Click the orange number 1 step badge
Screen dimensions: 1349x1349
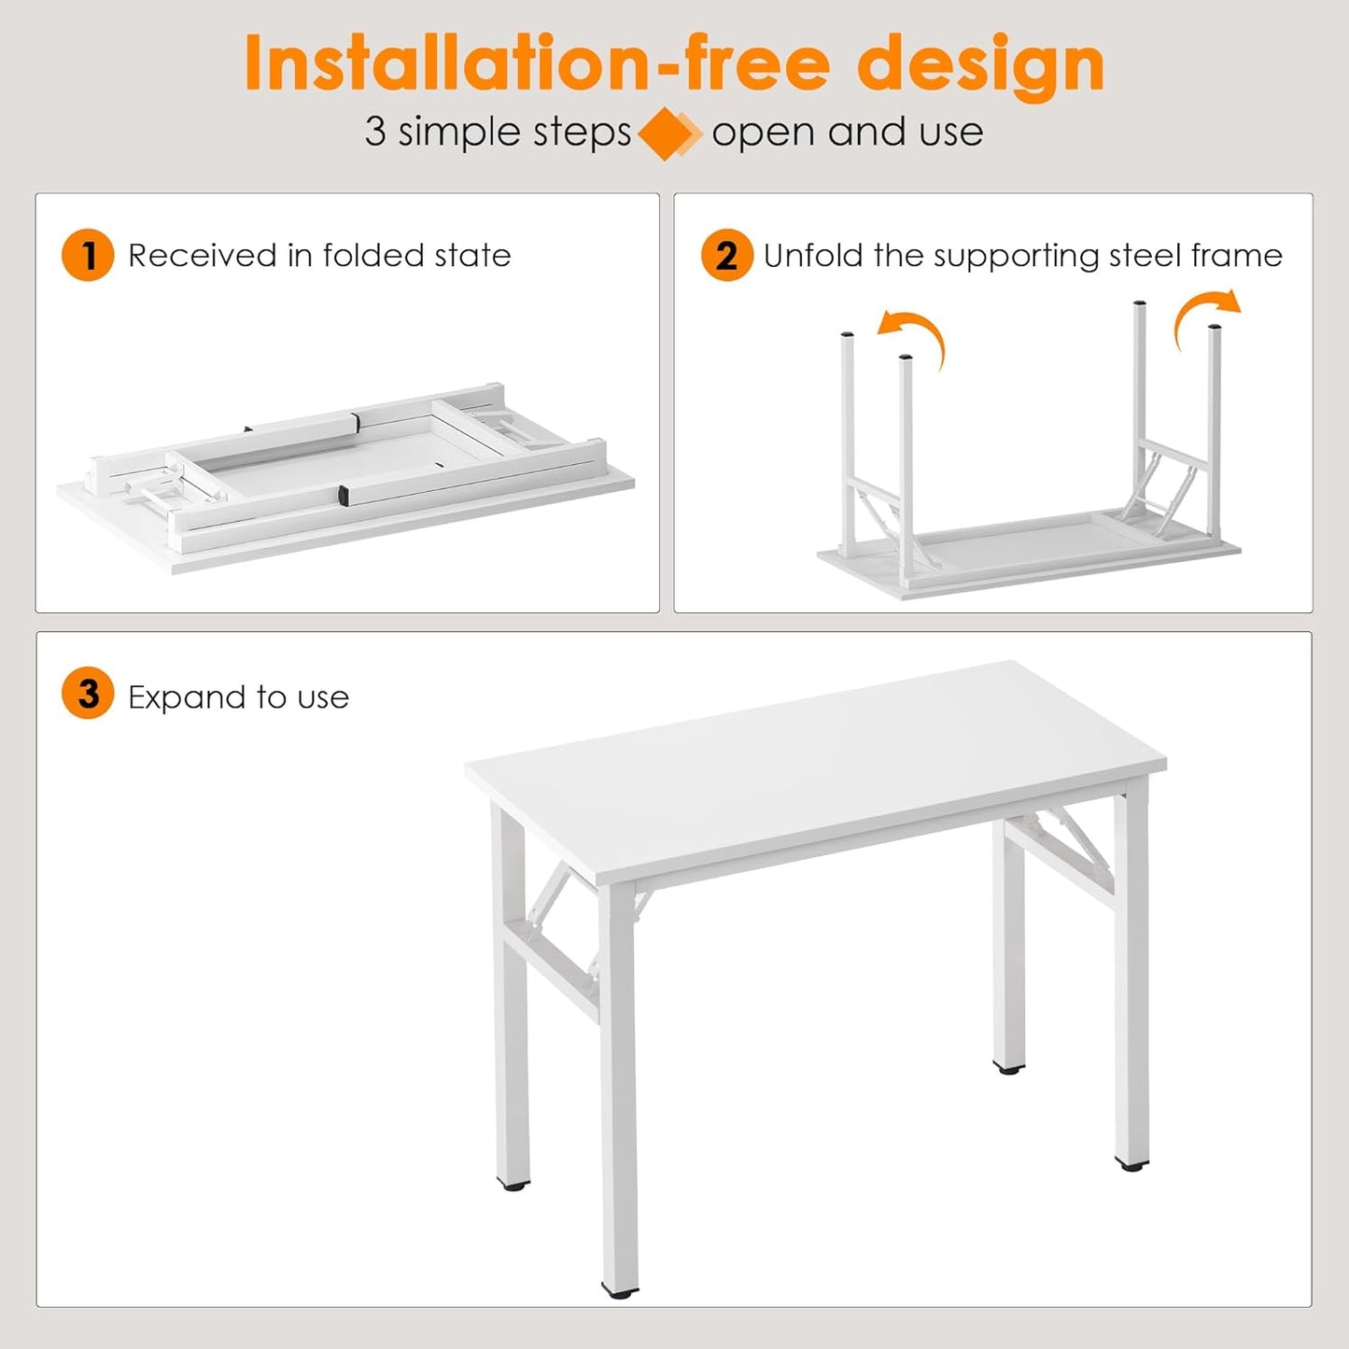[88, 255]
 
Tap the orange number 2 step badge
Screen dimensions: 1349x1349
[726, 255]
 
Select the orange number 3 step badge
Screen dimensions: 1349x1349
[88, 694]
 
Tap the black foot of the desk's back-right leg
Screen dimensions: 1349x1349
[1008, 1066]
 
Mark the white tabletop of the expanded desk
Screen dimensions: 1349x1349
[812, 766]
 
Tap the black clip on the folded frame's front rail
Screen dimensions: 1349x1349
[343, 495]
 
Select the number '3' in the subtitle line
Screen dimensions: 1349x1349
[374, 132]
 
